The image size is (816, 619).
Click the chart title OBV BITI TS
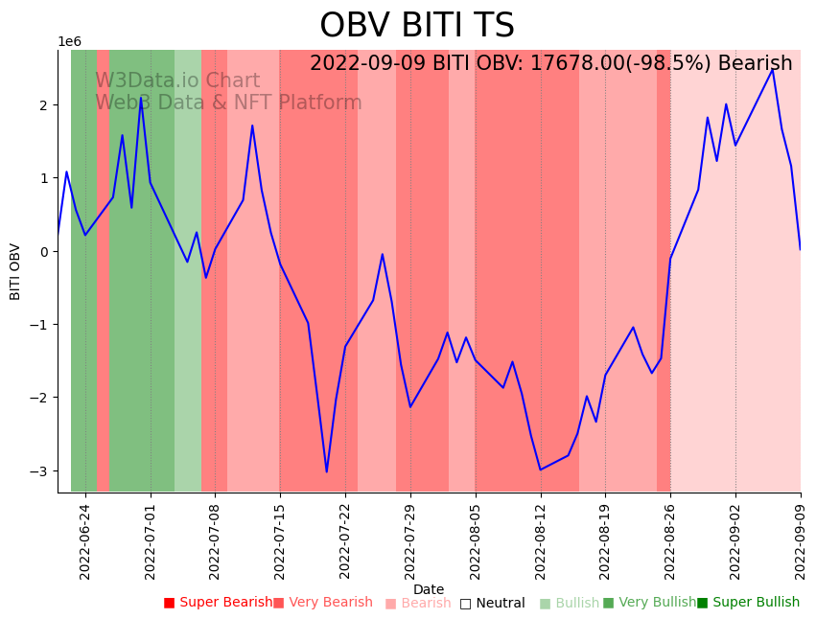coord(416,26)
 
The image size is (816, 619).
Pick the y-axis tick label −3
coord(44,471)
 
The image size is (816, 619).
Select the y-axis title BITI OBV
coord(15,272)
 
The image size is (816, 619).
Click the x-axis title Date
coord(429,589)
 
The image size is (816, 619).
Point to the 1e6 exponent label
coord(70,41)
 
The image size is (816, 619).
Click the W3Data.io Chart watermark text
coord(177,81)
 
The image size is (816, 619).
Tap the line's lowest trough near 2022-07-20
coord(326,471)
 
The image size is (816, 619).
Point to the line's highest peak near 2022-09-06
coord(773,69)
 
